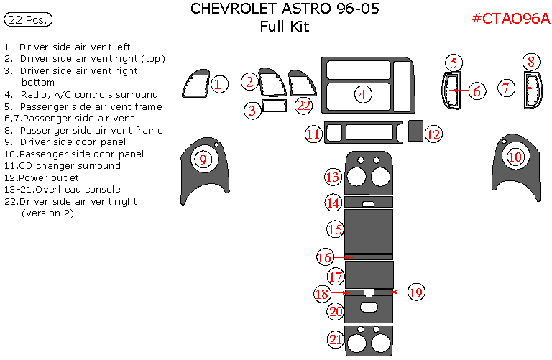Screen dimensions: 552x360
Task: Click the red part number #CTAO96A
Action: tap(511, 18)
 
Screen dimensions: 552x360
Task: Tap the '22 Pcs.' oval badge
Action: tap(28, 19)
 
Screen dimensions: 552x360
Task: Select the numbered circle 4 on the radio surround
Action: tap(362, 94)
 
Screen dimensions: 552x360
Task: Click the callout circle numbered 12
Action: tap(433, 134)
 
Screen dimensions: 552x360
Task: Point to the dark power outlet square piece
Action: tap(415, 131)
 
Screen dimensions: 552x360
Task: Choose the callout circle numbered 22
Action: tap(304, 105)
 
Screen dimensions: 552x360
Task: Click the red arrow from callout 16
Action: tap(344, 257)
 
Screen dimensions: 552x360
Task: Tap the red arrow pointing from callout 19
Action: tap(398, 292)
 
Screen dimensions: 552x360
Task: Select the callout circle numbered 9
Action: tap(203, 160)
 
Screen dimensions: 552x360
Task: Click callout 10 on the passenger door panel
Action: tap(515, 157)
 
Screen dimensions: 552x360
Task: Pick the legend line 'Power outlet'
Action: tap(41, 177)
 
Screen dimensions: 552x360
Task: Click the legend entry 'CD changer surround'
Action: tap(63, 166)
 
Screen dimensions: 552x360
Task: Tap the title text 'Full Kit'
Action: tap(285, 27)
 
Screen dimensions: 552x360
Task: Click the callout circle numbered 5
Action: tap(454, 63)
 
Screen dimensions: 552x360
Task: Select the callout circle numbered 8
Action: tap(531, 62)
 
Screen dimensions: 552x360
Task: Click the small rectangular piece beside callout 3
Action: tap(275, 106)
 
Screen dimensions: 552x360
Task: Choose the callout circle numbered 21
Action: tap(336, 339)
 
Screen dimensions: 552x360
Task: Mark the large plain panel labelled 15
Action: tap(369, 231)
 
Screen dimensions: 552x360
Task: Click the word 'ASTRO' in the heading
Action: tap(306, 9)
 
